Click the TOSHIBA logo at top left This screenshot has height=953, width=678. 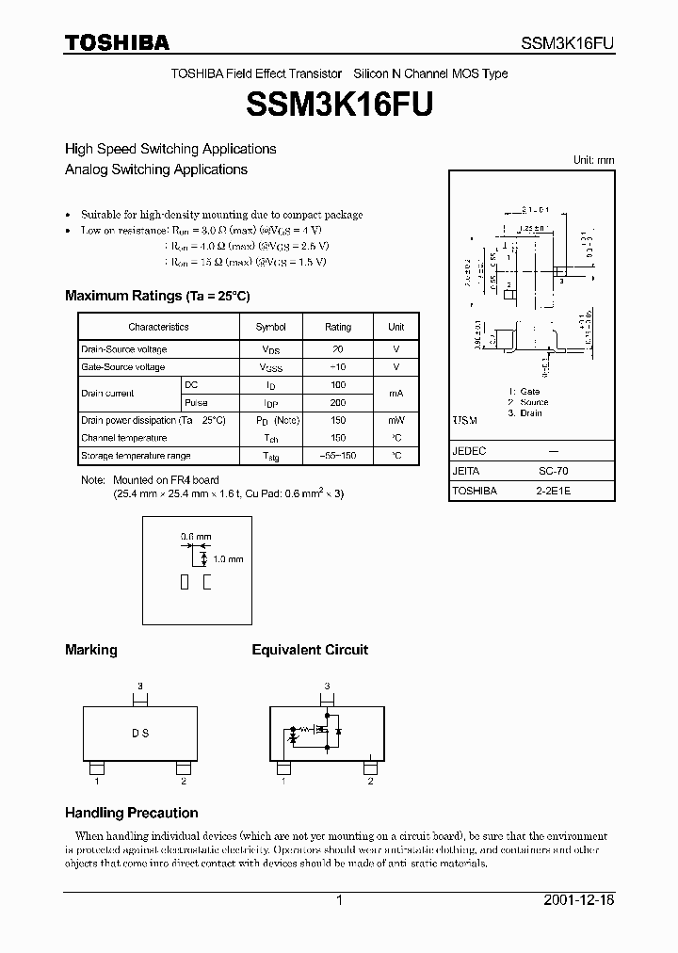tap(117, 42)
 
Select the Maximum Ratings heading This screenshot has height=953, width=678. tap(157, 296)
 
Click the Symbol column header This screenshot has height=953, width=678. tap(270, 327)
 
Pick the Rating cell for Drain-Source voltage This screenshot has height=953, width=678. tap(337, 349)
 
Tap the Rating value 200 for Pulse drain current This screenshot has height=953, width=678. tap(337, 402)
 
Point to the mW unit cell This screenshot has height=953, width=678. tap(396, 420)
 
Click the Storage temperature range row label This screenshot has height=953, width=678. tap(136, 456)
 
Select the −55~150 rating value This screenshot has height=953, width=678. tap(337, 456)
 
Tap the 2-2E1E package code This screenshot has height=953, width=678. tap(558, 491)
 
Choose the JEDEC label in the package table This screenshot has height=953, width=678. tap(469, 451)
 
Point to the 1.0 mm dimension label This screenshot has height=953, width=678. tap(228, 559)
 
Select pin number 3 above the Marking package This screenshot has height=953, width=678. tap(139, 686)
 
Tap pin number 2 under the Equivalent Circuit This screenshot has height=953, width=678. tap(371, 782)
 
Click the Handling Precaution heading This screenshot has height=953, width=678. tap(131, 813)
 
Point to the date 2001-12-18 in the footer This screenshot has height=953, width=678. tap(579, 900)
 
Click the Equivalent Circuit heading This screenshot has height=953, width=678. tap(310, 650)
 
